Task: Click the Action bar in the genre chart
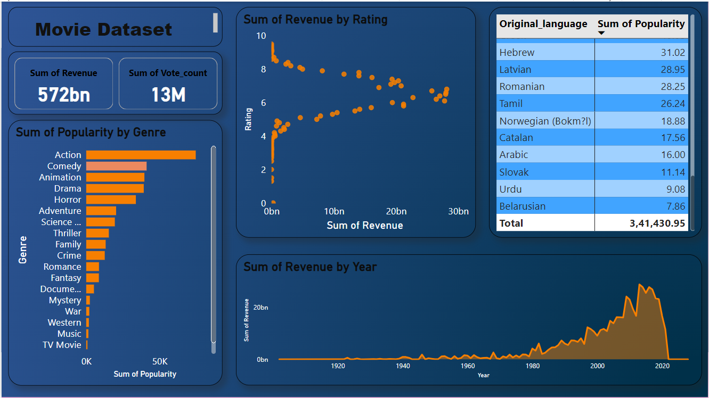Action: tap(141, 155)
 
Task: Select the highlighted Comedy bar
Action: tap(116, 166)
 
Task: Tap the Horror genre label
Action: tap(68, 200)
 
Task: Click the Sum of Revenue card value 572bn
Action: tap(63, 95)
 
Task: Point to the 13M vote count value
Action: tap(168, 95)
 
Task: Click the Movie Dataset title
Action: tap(104, 29)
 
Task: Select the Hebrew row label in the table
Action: tap(517, 52)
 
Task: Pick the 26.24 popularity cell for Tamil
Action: tap(672, 103)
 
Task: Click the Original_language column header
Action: tap(543, 24)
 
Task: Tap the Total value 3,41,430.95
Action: tap(657, 223)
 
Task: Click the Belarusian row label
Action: tap(523, 206)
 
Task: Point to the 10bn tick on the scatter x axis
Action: tap(333, 211)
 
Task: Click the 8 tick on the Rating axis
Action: tap(262, 69)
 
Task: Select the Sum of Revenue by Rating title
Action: tap(315, 20)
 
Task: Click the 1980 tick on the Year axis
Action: tap(533, 366)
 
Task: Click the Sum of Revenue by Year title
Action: tap(310, 267)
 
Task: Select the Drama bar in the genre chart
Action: tap(115, 188)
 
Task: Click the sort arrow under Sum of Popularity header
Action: tap(601, 33)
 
